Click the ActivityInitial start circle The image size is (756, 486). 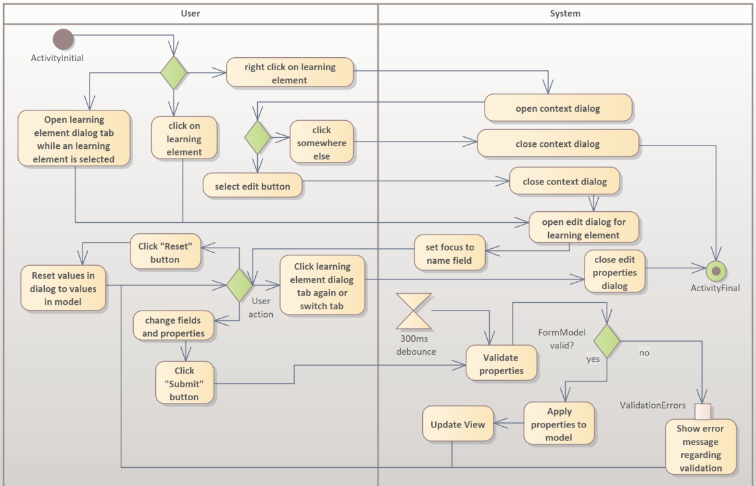click(63, 40)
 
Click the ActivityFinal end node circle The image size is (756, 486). click(716, 270)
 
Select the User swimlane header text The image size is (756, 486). click(190, 13)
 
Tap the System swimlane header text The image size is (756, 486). click(565, 13)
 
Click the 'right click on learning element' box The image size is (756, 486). click(290, 73)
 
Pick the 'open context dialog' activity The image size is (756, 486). click(558, 109)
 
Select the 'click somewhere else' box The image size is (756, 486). click(321, 143)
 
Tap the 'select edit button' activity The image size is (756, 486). click(253, 186)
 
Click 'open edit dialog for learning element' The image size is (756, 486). click(583, 228)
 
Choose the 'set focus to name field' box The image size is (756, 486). click(450, 254)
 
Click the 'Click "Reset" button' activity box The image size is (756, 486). click(165, 253)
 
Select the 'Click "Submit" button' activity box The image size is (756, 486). click(184, 383)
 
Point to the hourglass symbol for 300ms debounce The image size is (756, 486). click(414, 311)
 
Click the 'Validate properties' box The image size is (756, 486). click(501, 364)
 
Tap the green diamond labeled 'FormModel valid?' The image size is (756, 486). click(607, 340)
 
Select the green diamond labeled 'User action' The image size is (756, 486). click(240, 283)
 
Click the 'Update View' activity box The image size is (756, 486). click(457, 424)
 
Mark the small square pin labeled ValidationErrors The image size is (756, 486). click(703, 411)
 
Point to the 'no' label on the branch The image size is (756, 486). click(644, 353)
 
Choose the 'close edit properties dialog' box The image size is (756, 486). click(614, 272)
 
